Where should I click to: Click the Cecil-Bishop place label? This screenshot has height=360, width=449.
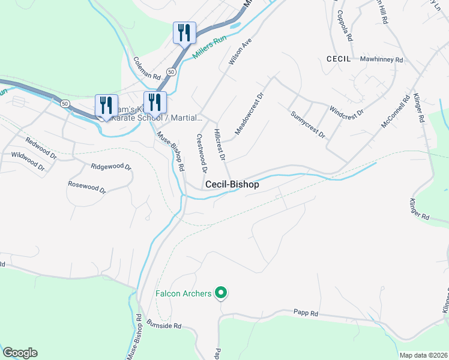(232, 185)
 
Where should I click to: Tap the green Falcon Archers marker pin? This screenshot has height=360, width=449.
(221, 293)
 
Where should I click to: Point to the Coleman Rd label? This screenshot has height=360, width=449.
(147, 69)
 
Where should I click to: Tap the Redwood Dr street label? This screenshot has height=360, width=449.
(40, 148)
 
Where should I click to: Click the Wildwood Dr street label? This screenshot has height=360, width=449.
(28, 162)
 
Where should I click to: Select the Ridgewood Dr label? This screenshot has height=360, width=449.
(111, 166)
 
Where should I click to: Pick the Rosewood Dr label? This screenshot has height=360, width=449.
(86, 187)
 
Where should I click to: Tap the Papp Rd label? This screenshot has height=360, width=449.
(305, 313)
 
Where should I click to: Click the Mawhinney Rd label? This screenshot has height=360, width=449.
(381, 60)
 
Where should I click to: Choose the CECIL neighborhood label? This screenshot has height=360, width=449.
(338, 59)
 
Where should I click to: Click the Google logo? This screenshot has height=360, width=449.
(20, 353)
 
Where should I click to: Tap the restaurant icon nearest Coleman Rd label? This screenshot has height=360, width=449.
(184, 33)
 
